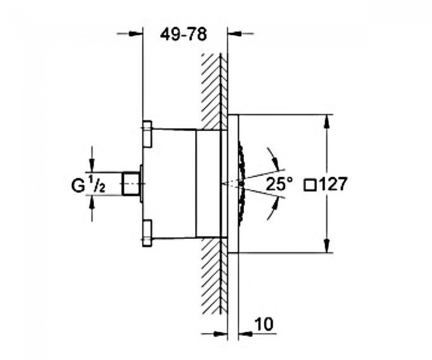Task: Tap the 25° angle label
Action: [x=279, y=183]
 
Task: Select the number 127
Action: [x=331, y=184]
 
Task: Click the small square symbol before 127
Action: [x=310, y=185]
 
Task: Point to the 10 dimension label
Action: [x=264, y=324]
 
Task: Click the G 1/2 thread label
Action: [x=88, y=186]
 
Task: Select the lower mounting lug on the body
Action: [x=147, y=233]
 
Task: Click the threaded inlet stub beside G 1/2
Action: [x=131, y=184]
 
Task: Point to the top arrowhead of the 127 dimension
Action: [x=326, y=121]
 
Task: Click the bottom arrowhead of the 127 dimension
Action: [x=326, y=246]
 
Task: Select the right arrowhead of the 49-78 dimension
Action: [x=234, y=34]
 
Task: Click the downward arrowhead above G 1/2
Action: [x=92, y=166]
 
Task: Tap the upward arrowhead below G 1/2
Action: [x=92, y=202]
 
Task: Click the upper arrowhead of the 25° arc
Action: [x=274, y=162]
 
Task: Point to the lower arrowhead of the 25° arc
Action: [x=274, y=205]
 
